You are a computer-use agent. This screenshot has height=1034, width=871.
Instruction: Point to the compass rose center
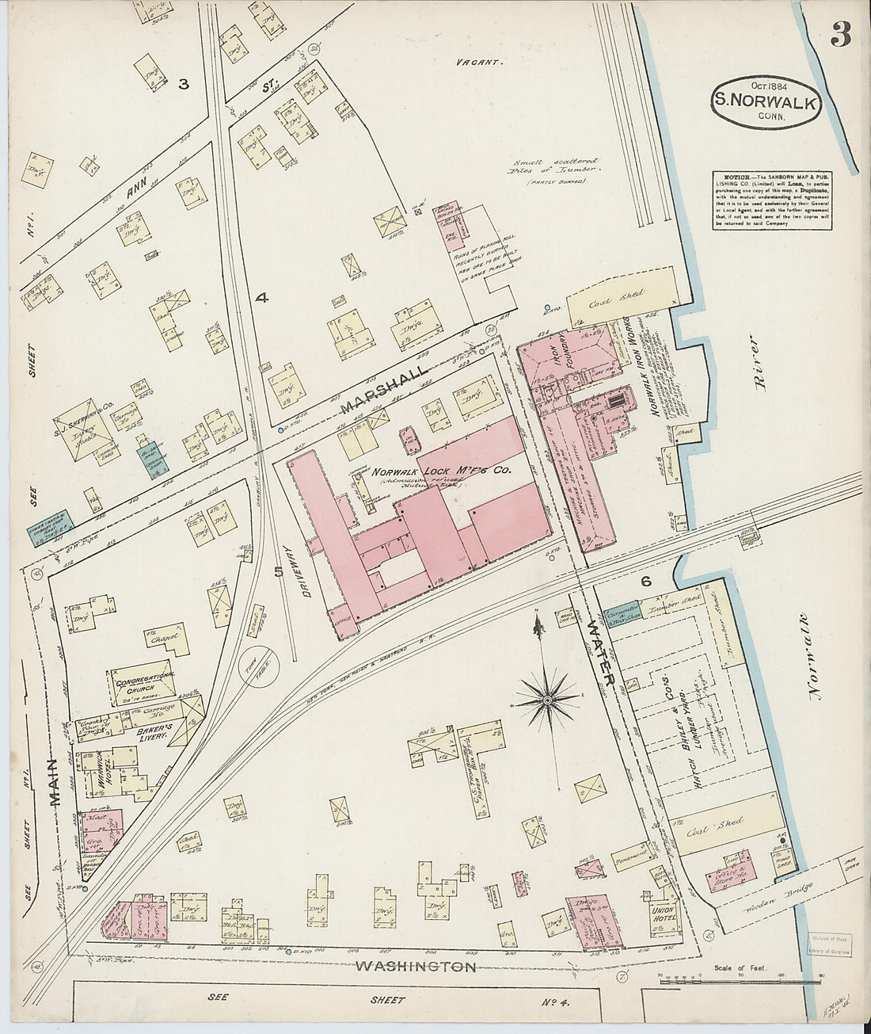click(x=547, y=700)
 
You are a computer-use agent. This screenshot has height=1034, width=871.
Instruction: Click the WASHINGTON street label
click(x=416, y=967)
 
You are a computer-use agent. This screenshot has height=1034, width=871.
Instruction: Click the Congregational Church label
click(x=143, y=684)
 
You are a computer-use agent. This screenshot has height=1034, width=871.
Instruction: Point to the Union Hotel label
click(x=662, y=914)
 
